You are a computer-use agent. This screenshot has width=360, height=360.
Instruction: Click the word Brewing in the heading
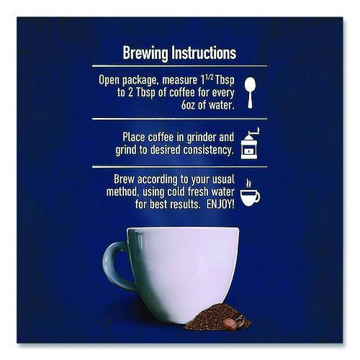pos(145,53)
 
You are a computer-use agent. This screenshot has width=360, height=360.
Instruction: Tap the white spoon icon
pos(250,93)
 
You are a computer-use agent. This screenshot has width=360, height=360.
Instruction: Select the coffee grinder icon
pos(250,143)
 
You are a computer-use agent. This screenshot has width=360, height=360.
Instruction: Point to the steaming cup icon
pos(250,192)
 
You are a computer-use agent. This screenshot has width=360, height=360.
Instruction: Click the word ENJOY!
pos(220,204)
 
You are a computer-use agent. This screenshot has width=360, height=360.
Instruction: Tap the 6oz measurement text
pos(188,105)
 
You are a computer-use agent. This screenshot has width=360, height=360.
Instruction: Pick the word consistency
pos(208,150)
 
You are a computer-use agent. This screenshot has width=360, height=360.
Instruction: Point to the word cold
pos(176,192)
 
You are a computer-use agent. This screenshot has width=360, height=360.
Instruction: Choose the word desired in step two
pos(165,150)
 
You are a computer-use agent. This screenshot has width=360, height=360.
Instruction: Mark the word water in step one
pos(221,105)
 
